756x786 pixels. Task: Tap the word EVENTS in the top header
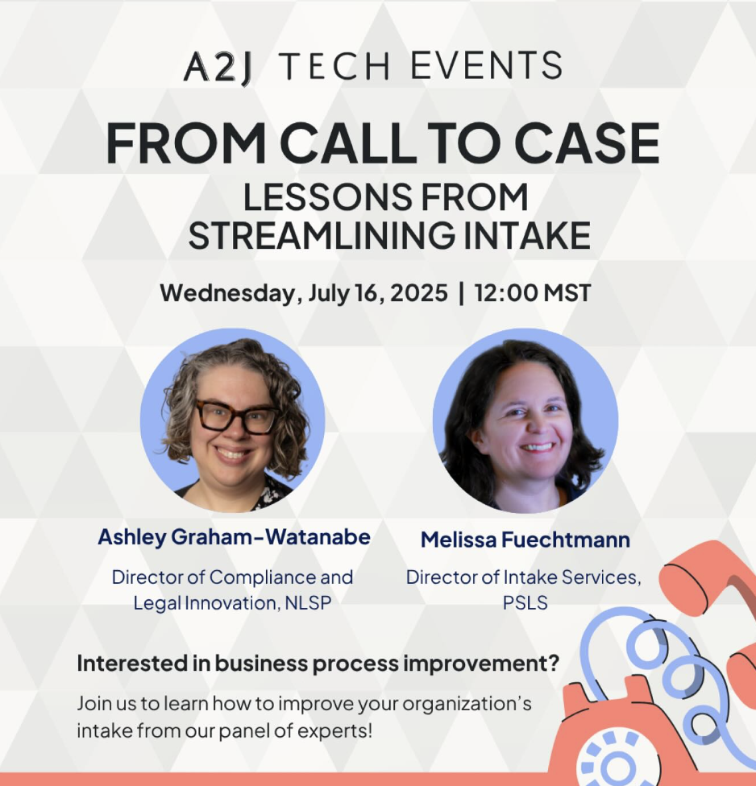pos(486,67)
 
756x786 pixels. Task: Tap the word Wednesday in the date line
pos(230,292)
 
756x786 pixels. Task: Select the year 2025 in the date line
pos(417,292)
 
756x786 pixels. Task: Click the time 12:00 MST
pos(533,292)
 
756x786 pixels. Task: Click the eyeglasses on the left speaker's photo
pos(236,417)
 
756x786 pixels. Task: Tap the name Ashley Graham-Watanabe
pos(234,537)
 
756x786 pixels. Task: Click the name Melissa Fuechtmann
pos(525,540)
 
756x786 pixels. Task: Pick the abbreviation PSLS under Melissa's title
pos(525,602)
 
